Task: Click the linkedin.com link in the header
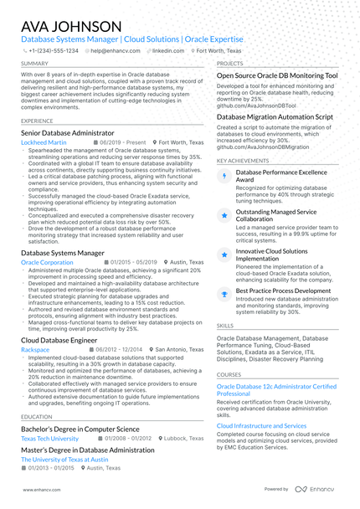coord(170,50)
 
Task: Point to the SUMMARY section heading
coord(34,63)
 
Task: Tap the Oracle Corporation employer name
coord(47,262)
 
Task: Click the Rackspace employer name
coord(35,349)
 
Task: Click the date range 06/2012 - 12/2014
coord(120,349)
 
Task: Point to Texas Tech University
coord(49,438)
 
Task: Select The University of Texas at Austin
coord(64,460)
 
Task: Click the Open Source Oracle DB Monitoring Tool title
coord(277,75)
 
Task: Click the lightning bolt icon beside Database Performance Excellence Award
coord(224,177)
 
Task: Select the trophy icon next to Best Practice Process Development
coord(224,292)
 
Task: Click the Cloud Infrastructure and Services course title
coord(261,425)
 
